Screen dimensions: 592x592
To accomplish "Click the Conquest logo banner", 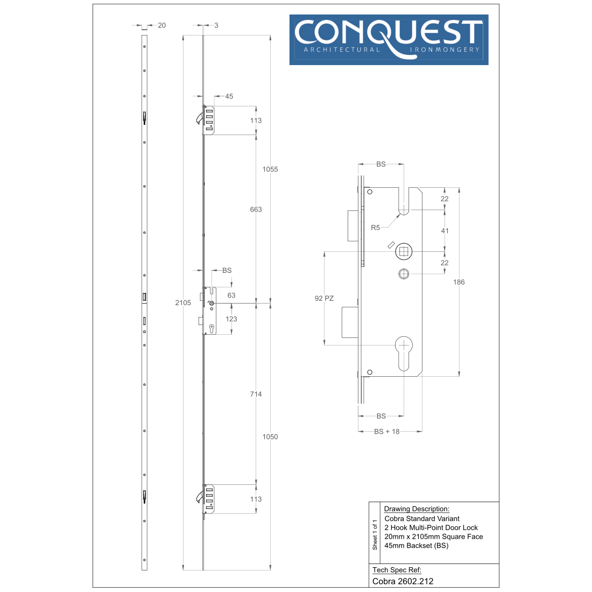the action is click(x=389, y=40).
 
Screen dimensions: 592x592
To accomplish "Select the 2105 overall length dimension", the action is click(x=183, y=302).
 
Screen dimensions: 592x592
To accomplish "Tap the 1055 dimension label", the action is click(x=270, y=169).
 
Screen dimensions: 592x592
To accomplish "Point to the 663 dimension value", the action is click(x=256, y=209).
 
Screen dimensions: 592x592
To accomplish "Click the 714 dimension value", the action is click(x=256, y=394).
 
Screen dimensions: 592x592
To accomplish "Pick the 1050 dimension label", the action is click(x=270, y=436).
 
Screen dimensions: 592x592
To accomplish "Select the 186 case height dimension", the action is click(x=459, y=282).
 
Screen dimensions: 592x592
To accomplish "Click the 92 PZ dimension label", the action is click(x=325, y=298).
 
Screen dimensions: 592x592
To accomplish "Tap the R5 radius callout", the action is click(x=375, y=227).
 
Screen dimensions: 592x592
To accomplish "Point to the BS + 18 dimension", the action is click(x=386, y=431).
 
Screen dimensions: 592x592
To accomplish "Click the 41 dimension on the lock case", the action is click(x=445, y=230).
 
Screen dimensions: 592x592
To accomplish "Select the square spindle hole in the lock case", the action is click(x=404, y=251).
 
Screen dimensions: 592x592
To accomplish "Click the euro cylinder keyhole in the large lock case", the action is click(x=404, y=353).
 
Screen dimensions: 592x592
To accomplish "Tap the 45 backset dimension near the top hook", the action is click(x=229, y=96).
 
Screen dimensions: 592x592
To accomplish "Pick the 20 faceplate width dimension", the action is click(x=162, y=25).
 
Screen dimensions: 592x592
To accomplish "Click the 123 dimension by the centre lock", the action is click(x=231, y=319).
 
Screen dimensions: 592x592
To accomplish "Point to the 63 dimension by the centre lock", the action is click(x=231, y=295).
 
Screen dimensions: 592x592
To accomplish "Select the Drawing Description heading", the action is click(x=417, y=509).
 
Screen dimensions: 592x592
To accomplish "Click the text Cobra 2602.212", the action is click(x=403, y=581).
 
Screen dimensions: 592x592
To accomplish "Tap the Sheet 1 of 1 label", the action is click(x=375, y=534).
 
